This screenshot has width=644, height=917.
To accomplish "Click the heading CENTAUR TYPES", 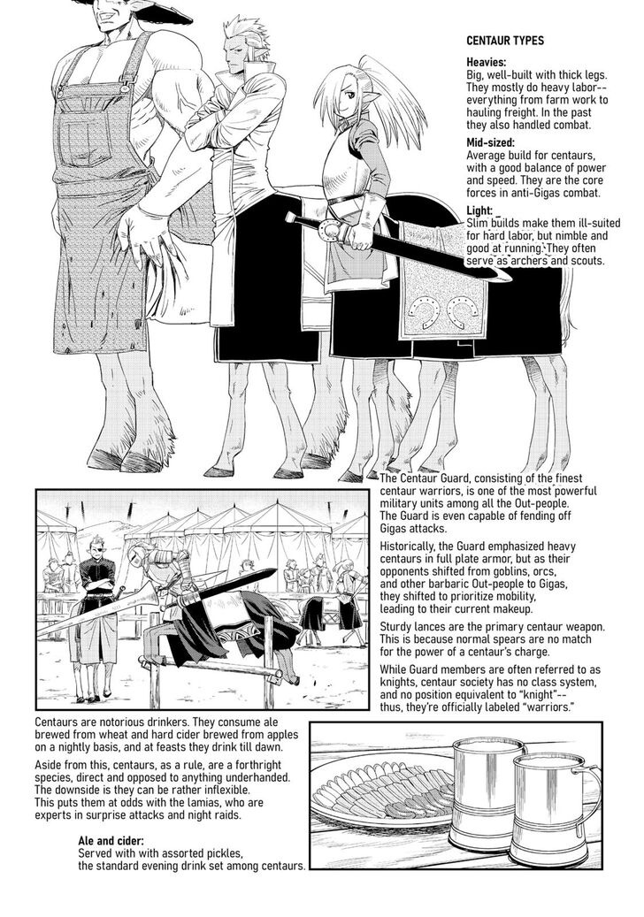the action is (505, 41).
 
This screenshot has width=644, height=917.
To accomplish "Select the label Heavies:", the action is (486, 62).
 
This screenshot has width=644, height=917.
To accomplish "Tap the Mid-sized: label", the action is (490, 142).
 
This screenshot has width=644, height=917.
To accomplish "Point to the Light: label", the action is (479, 210).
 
